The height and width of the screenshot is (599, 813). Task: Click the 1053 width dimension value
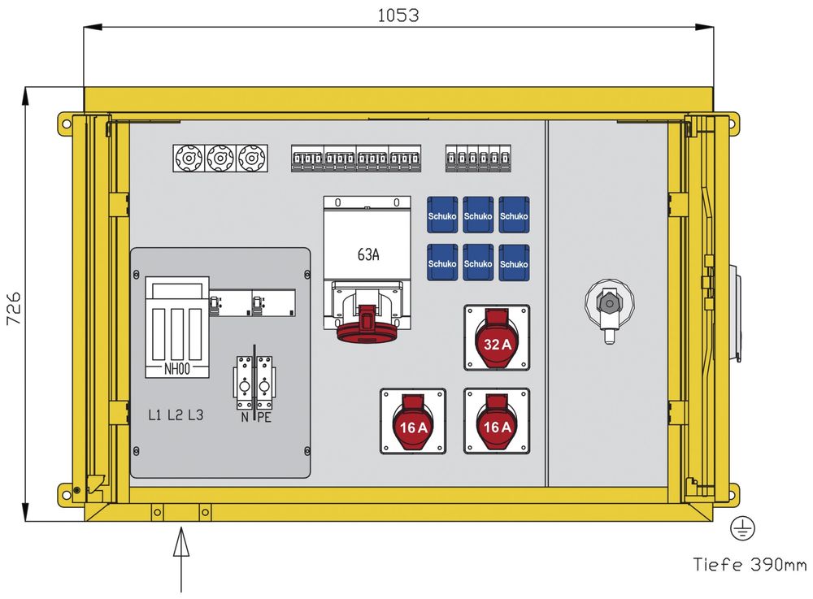(398, 15)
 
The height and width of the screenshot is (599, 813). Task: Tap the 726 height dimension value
(14, 308)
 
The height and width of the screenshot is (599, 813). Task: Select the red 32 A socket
(497, 338)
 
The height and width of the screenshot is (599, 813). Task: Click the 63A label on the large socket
(368, 254)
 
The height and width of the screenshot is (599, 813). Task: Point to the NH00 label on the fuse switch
(176, 369)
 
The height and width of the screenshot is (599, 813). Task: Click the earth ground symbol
(742, 528)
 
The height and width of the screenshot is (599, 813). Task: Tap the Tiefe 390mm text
(750, 564)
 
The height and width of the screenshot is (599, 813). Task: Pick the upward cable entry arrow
(181, 559)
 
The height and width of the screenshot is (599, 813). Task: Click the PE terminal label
(264, 417)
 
